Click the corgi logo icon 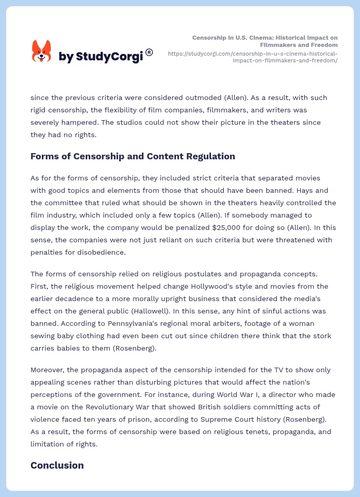[x=42, y=52]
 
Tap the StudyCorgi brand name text [x=101, y=57]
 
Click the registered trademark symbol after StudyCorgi [x=149, y=52]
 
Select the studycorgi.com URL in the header [x=253, y=57]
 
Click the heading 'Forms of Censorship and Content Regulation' [x=133, y=156]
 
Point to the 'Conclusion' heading [x=57, y=465]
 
